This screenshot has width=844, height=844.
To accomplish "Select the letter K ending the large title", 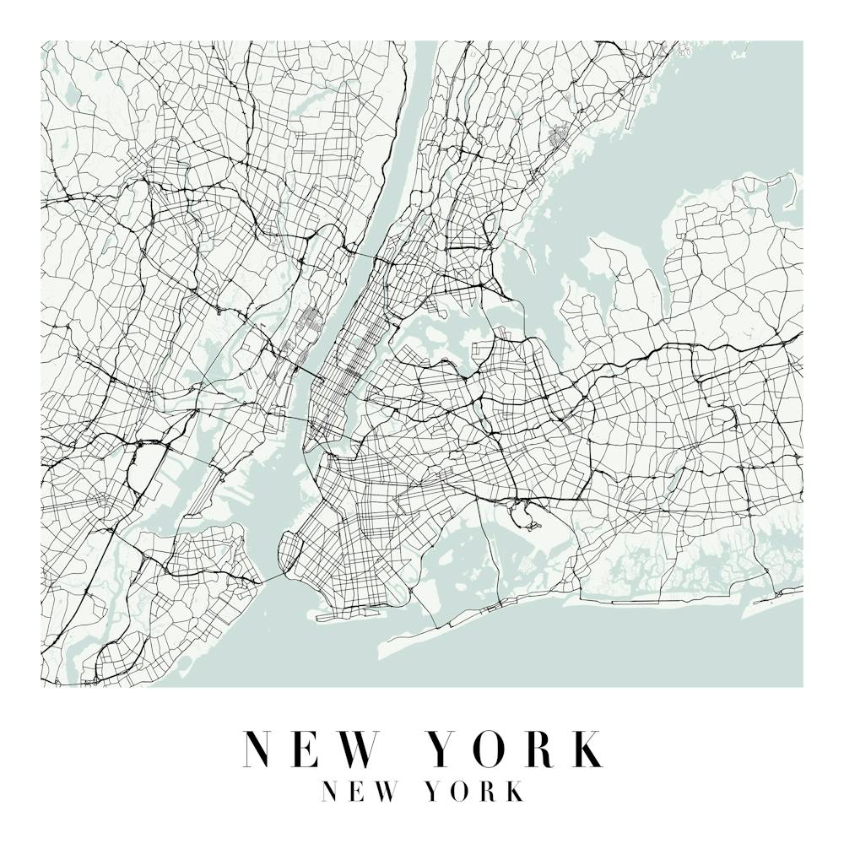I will point(585,749).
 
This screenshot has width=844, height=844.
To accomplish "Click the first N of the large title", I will point(262,749).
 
